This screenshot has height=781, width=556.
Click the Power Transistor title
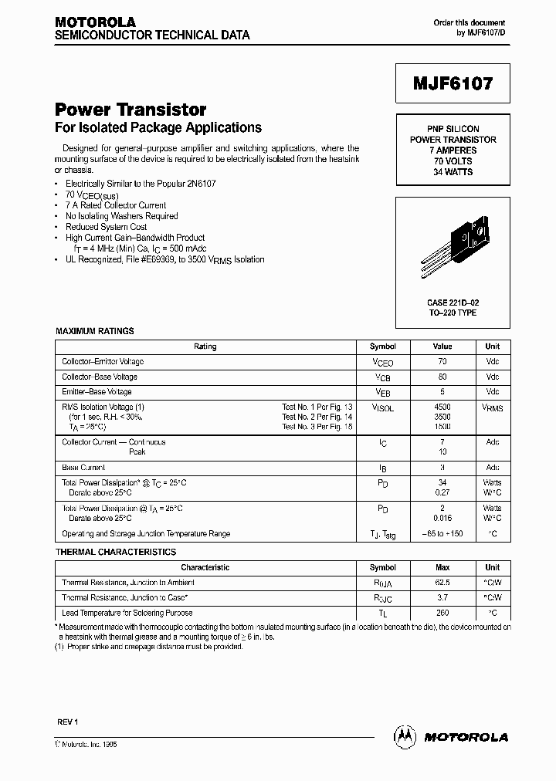click(131, 110)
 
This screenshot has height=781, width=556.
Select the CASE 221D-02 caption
click(454, 303)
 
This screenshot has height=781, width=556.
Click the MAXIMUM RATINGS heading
click(95, 331)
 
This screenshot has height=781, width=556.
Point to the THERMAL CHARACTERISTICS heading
click(116, 552)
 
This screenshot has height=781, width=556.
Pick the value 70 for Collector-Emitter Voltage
click(442, 362)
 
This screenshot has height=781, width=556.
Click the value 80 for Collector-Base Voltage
click(442, 377)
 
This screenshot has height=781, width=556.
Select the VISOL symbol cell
click(382, 408)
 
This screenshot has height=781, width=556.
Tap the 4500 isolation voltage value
click(442, 407)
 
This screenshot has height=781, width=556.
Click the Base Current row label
click(83, 468)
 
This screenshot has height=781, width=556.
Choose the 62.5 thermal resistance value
click(442, 583)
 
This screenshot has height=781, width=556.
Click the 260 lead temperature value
click(442, 613)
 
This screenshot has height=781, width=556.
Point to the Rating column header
click(205, 347)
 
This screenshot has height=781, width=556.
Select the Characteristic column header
click(205, 567)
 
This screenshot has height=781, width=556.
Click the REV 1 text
click(68, 722)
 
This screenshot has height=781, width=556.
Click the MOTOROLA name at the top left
click(95, 22)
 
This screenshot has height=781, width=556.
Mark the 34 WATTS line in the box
click(454, 171)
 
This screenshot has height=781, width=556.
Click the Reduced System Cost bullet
click(106, 227)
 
